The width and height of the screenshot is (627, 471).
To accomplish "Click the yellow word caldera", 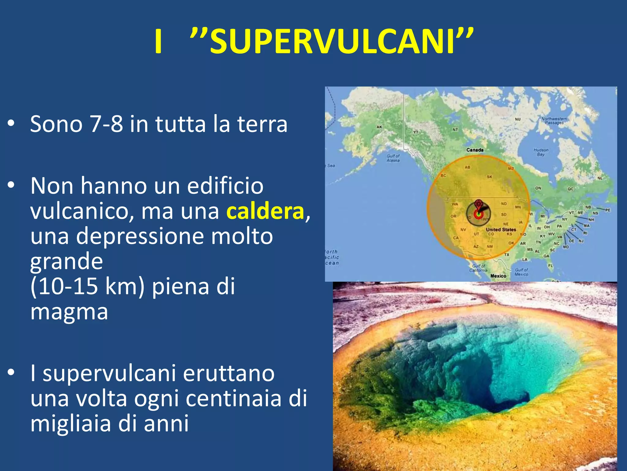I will coord(265,211).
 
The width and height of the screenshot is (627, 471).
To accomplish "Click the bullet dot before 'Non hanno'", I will coord(11,185).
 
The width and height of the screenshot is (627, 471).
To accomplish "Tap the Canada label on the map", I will coord(475,150).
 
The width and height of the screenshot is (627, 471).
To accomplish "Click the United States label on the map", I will coord(501,229).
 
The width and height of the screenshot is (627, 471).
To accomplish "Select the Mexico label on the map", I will coord(498,276).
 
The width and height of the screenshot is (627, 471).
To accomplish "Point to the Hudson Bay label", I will coord(541,152).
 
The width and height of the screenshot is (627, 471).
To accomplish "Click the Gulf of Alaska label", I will coord(393,158).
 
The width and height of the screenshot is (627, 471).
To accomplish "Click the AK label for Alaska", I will coord(379,127).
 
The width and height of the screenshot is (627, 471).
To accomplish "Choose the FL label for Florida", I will coord(550,266).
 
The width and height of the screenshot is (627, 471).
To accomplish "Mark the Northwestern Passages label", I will coord(554,121).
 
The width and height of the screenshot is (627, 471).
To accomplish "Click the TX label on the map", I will coord(507,255).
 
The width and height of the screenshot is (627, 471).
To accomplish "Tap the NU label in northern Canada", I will coord(518,119).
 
